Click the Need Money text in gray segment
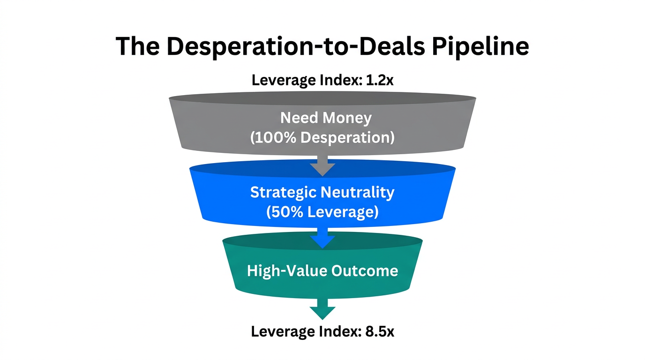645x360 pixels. click(x=326, y=118)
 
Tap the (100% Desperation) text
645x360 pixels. click(x=322, y=138)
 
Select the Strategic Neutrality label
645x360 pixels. click(x=322, y=192)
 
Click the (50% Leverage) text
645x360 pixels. click(x=322, y=212)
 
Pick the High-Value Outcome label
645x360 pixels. click(x=322, y=271)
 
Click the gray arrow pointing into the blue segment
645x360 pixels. click(x=322, y=166)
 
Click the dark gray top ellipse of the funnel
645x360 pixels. click(x=322, y=98)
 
